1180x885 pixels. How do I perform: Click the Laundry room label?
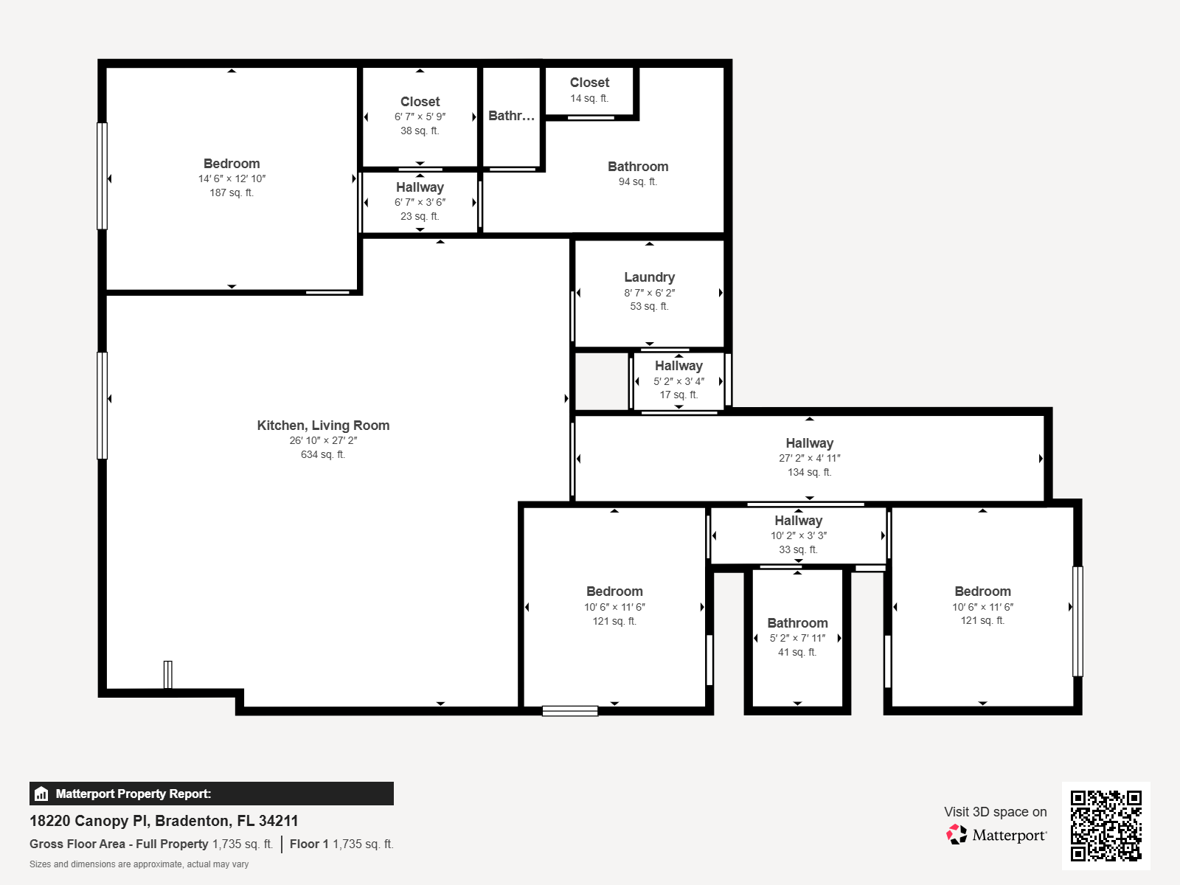click(x=649, y=277)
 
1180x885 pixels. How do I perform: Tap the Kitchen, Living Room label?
click(x=323, y=426)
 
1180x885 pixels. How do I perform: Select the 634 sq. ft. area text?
click(x=323, y=454)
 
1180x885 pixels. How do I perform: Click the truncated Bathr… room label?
click(x=511, y=116)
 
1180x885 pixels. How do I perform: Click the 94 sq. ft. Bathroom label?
click(x=638, y=167)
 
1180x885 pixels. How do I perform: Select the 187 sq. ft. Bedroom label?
click(x=232, y=164)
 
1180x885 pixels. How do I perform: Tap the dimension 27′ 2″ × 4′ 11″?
click(x=809, y=458)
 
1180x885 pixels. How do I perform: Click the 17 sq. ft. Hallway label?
click(x=678, y=366)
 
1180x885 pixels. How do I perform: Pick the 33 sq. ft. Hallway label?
click(x=798, y=521)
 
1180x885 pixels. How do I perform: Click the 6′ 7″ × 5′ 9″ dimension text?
click(x=420, y=117)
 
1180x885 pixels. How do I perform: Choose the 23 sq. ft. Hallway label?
click(x=420, y=187)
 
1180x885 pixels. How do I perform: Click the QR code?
click(x=1106, y=825)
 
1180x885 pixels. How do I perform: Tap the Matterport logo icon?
click(x=957, y=834)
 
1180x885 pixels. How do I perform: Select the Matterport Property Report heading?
click(x=133, y=794)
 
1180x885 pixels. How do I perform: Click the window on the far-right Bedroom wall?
click(x=1077, y=621)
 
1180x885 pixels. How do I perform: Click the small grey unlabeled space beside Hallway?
click(x=601, y=381)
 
